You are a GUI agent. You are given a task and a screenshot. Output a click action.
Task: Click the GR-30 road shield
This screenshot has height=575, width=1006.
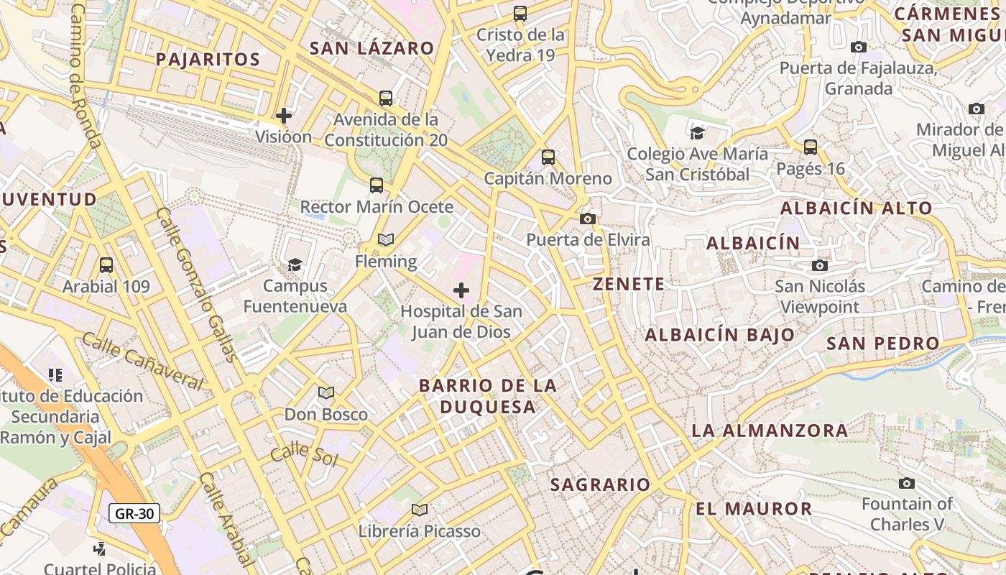coord(134,513)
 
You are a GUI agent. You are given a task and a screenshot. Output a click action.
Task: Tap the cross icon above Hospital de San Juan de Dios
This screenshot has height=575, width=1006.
coord(461,290)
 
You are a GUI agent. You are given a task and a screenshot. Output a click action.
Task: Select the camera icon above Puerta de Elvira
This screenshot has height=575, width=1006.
coord(588,218)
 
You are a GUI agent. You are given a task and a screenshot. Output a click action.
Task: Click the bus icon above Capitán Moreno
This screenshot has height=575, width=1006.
coord(548,157)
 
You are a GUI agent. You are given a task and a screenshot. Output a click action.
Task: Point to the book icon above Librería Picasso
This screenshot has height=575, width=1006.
coord(420,510)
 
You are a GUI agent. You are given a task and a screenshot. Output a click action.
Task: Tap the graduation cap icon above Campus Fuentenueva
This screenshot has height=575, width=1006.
coord(295,264)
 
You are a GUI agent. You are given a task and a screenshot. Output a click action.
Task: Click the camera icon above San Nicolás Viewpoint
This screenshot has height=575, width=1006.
coord(820,265)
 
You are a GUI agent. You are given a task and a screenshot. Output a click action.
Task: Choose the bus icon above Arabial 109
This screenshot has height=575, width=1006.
coord(106,264)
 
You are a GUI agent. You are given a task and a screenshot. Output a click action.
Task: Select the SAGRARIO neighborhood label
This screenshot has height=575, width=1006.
coord(600,484)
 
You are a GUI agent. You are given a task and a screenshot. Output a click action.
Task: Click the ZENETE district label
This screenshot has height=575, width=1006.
coord(629,284)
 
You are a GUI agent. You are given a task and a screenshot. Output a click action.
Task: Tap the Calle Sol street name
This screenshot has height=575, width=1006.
coord(304,454)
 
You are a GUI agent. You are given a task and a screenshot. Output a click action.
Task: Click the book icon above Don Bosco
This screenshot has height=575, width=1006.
coord(326,392)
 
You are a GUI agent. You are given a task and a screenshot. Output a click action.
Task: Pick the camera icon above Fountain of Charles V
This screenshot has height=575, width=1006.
coord(907,483)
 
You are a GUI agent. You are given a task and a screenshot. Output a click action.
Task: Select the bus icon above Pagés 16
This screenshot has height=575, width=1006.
coord(811,147)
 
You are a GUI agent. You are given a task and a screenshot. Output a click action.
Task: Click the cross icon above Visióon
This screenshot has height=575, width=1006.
coord(284,115)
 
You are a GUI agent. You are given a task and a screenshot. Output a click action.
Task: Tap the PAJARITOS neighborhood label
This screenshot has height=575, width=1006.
coord(208,59)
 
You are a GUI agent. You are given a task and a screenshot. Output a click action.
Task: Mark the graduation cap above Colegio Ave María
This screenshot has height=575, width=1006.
coord(697,132)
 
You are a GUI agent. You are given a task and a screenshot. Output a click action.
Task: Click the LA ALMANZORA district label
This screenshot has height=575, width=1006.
coord(770,431)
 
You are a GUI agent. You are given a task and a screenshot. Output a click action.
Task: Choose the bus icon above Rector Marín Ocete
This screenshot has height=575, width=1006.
coord(377,185)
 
